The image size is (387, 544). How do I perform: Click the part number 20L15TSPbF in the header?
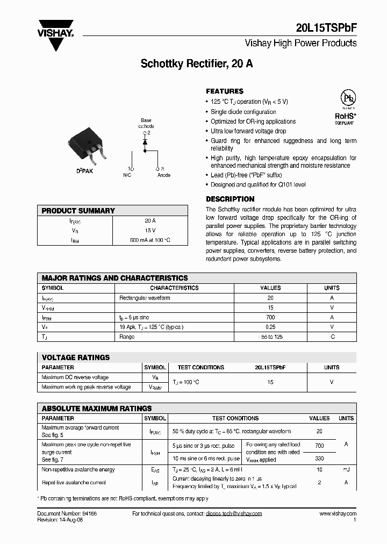click(326, 30)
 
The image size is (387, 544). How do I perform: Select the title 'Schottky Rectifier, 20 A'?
click(197, 63)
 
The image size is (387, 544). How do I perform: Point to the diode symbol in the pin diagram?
click(144, 143)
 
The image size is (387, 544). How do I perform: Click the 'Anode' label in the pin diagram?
click(164, 175)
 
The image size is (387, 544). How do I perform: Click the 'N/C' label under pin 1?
click(127, 175)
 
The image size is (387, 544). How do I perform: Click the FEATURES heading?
click(225, 91)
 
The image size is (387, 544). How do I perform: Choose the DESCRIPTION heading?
click(230, 199)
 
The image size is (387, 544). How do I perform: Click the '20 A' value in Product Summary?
click(150, 220)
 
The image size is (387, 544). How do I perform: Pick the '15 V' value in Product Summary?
click(150, 230)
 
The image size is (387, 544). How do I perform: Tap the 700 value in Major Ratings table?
click(270, 317)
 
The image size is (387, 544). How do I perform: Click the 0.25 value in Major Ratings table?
click(270, 327)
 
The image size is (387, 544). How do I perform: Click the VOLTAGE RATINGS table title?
click(76, 357)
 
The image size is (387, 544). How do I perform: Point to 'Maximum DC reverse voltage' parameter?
click(75, 377)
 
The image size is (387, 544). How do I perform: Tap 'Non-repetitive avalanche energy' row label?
click(78, 470)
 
